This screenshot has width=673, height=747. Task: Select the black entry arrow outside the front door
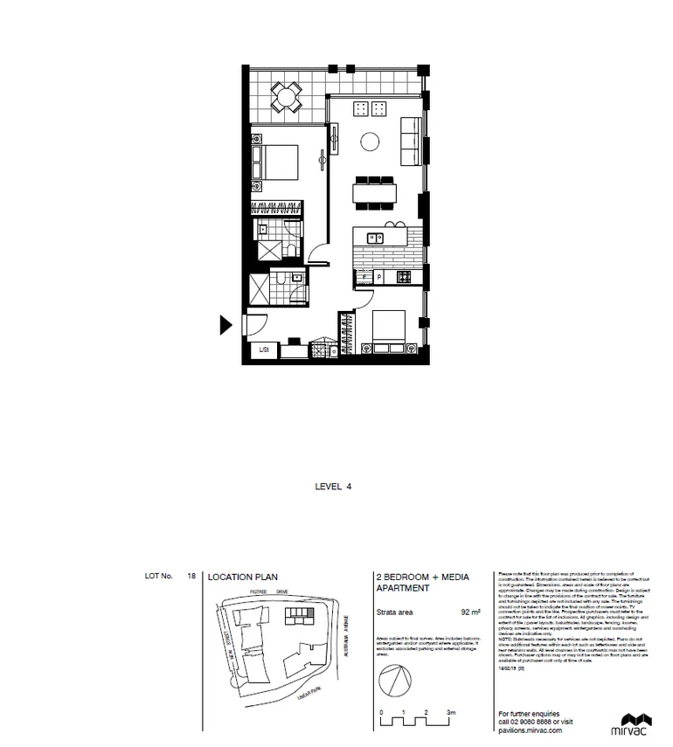point(225,326)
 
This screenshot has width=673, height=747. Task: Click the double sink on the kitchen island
point(373,236)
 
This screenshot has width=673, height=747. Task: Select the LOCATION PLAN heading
point(239,577)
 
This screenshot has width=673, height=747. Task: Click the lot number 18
point(191,577)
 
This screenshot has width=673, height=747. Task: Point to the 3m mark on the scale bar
point(451,714)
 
